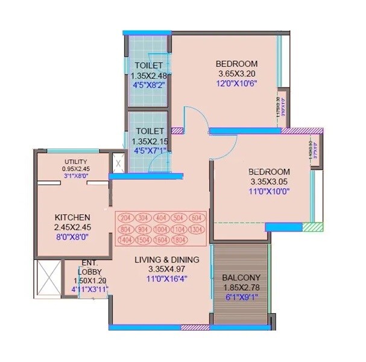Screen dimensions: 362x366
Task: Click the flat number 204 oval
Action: tap(125, 218)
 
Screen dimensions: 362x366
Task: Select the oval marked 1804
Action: tap(197, 240)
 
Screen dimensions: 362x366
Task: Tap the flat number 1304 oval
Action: tap(197, 229)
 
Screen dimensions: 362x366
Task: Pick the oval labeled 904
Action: tap(144, 229)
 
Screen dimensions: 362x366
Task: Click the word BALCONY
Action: tap(241, 278)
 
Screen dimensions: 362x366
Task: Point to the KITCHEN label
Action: tap(72, 217)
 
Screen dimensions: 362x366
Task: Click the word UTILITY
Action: tap(76, 162)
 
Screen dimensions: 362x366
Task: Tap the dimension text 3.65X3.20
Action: tap(238, 74)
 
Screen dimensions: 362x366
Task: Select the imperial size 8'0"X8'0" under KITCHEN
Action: tap(72, 237)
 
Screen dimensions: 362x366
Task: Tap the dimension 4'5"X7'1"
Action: tap(150, 151)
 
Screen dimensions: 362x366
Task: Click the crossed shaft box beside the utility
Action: tap(118, 164)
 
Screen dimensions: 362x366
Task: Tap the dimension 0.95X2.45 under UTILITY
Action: tap(76, 169)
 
